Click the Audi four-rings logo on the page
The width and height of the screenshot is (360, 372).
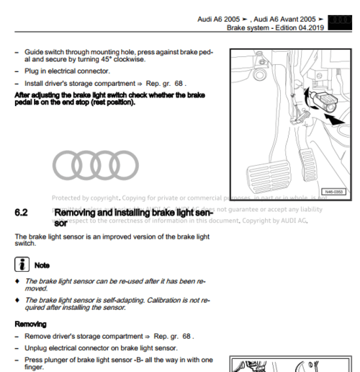[x=92, y=167]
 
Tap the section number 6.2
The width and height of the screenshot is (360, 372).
[x=22, y=213]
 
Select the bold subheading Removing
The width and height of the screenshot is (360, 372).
[x=31, y=324]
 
